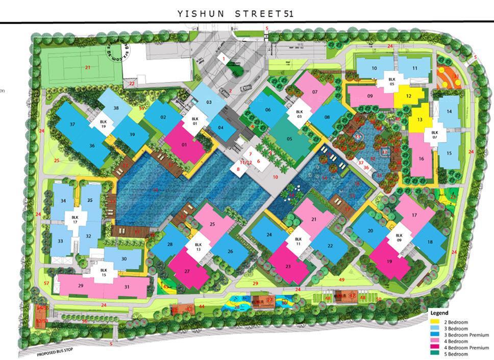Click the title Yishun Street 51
point(235,13)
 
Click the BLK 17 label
point(75,219)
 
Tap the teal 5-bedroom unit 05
point(289,139)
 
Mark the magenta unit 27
point(188,271)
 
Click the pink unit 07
point(315,92)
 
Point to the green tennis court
point(87,67)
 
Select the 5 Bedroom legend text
point(456,354)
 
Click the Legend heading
point(438,313)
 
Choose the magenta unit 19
point(389,261)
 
